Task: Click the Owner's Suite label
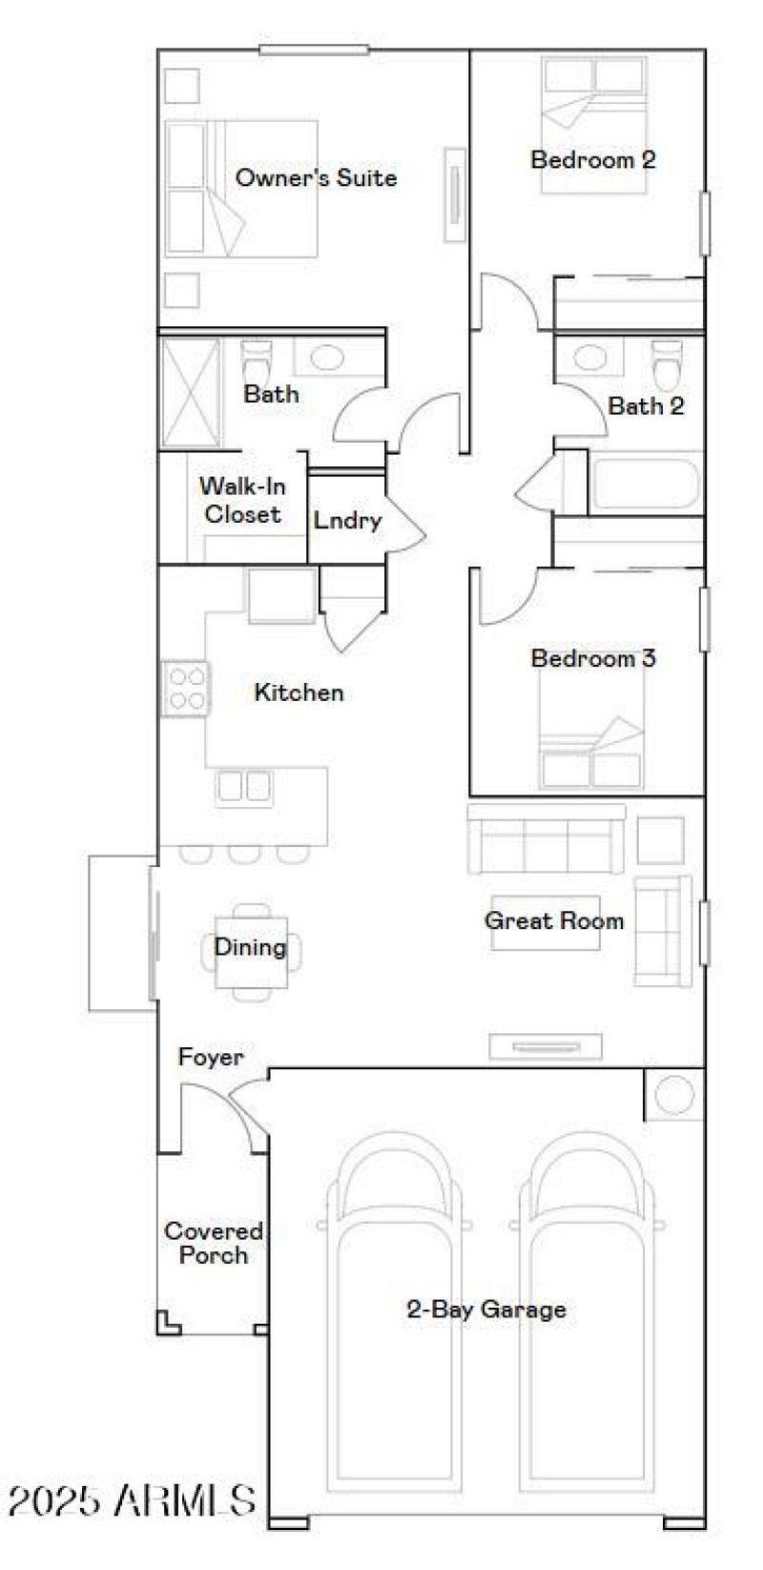coord(316,177)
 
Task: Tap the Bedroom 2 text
coord(592,159)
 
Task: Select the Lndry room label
coord(347,521)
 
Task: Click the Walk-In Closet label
coord(242,500)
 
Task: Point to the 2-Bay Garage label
coord(485,1309)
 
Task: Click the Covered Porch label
coord(213,1243)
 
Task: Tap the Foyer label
coord(210,1057)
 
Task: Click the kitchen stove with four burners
coord(185,689)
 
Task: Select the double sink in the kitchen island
coord(244,786)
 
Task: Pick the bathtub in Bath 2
coord(645,485)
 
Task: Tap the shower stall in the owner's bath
coord(190,393)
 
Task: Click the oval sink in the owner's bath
coord(325,358)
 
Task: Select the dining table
coord(251,950)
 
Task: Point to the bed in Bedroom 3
coord(591,749)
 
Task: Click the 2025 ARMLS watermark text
coord(131,1500)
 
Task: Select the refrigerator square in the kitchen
coord(281,595)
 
